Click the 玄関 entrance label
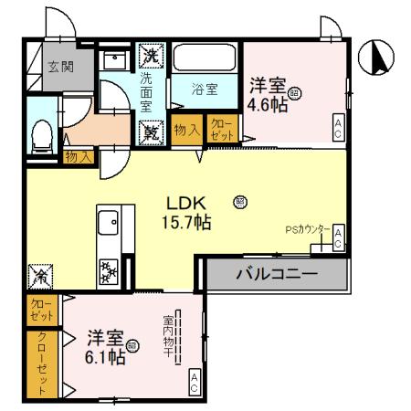(x=61, y=66)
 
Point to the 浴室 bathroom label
(x=204, y=90)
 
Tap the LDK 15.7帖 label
(x=187, y=212)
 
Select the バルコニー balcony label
(x=276, y=273)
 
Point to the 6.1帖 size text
(x=106, y=357)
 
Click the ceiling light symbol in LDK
(x=240, y=200)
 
